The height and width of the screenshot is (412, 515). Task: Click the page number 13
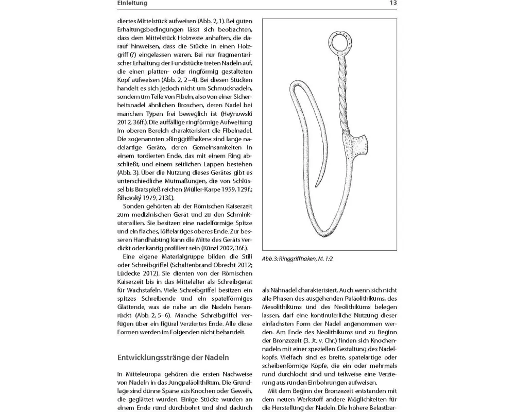pos(393,3)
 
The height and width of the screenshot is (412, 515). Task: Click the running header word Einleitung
pos(132,3)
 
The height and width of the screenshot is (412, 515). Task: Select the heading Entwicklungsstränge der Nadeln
pos(173,357)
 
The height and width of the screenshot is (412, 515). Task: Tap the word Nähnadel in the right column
pos(281,290)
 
